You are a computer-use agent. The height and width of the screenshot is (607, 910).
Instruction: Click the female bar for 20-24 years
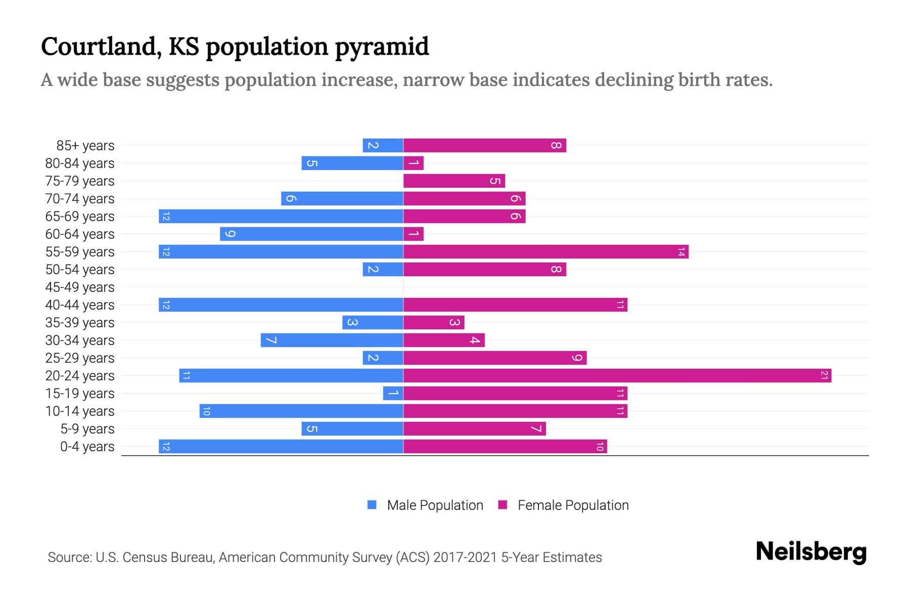tap(617, 375)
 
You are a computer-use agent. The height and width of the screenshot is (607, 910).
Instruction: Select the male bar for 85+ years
tap(383, 145)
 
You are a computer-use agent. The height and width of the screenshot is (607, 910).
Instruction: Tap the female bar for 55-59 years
tap(545, 251)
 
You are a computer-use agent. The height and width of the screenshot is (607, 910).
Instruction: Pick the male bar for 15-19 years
tap(393, 393)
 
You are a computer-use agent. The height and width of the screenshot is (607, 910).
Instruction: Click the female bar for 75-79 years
tap(454, 181)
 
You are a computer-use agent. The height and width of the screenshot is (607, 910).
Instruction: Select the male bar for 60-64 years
tap(311, 234)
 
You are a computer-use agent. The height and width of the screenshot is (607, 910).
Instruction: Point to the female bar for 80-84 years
tap(414, 163)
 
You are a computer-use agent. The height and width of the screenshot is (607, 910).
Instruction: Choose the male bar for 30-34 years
tap(332, 340)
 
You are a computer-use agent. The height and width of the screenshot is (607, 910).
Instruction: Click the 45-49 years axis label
tap(80, 287)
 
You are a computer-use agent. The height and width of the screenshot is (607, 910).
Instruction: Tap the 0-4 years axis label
tap(87, 446)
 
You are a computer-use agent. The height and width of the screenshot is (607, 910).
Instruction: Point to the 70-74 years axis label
tap(80, 198)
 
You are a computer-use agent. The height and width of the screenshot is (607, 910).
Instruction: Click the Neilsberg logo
tap(811, 551)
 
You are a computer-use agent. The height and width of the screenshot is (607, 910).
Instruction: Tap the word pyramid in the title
tap(382, 47)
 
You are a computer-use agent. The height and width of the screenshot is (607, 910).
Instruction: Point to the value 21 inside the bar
tap(824, 375)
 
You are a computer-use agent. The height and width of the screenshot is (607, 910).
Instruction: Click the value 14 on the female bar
tap(681, 251)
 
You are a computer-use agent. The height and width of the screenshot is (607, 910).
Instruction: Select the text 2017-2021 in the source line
tap(465, 557)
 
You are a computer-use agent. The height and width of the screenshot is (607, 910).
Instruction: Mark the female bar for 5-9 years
tap(474, 428)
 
